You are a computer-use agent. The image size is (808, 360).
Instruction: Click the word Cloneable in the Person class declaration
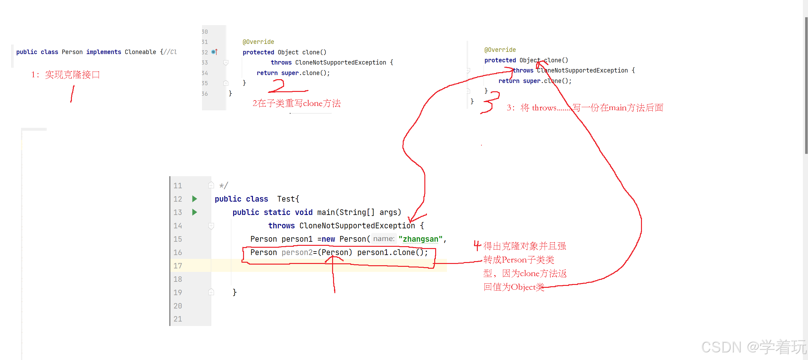[x=140, y=52]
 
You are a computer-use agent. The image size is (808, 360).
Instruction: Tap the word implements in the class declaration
[x=103, y=52]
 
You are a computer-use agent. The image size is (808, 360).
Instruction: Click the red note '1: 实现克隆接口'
[x=66, y=75]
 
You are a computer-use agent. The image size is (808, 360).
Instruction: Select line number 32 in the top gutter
[x=205, y=52]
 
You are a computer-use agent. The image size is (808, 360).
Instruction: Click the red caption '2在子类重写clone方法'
[x=296, y=103]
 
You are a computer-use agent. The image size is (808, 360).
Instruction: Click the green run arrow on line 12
[x=195, y=199]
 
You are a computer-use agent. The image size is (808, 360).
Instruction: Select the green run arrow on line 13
[x=195, y=212]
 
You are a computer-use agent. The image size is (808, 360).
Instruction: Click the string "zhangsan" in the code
[x=420, y=239]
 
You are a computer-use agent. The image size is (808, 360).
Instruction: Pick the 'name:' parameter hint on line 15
[x=384, y=239]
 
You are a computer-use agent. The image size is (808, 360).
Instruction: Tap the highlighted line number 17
[x=178, y=266]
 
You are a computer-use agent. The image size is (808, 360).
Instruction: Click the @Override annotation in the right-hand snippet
[x=500, y=50]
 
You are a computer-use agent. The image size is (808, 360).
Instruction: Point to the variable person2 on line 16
[x=297, y=253]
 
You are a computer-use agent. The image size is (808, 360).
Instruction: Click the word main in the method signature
[x=326, y=212]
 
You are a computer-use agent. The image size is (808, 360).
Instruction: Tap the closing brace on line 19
[x=234, y=292]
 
